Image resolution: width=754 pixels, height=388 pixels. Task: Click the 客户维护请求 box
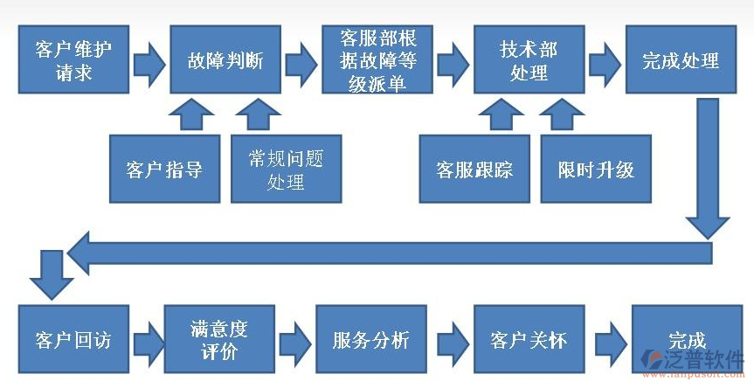[x=73, y=59]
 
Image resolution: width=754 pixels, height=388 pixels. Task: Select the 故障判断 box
[x=225, y=59]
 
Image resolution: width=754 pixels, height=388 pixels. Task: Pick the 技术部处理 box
[x=529, y=59]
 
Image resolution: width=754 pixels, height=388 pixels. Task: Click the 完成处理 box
[x=681, y=59]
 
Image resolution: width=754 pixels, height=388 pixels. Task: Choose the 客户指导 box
[x=164, y=169]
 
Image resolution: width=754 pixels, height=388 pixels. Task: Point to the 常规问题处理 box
[x=286, y=169]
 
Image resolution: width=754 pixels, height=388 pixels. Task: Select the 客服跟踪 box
[x=474, y=169]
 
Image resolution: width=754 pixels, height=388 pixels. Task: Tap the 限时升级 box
[x=596, y=169]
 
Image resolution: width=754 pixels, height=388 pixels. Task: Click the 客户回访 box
[x=73, y=339]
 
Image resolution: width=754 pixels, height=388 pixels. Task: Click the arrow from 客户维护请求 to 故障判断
[x=149, y=61]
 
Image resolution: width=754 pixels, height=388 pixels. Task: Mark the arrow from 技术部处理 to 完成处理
[x=605, y=61]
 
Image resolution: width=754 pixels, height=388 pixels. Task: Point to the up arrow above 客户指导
[x=190, y=113]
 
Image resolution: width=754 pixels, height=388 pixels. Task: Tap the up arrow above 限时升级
[x=562, y=113]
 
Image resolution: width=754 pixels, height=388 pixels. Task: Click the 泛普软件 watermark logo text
[x=704, y=362]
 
